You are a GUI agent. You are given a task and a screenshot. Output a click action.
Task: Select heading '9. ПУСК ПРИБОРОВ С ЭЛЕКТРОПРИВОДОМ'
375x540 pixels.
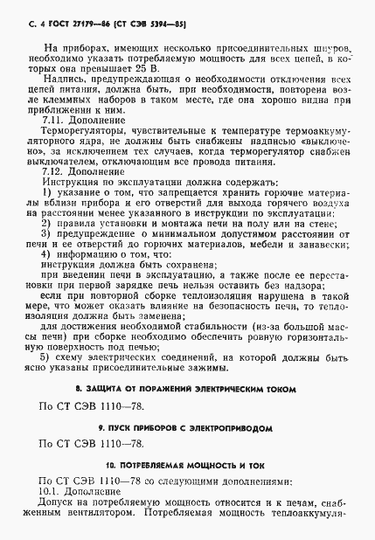pyautogui.click(x=187, y=429)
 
